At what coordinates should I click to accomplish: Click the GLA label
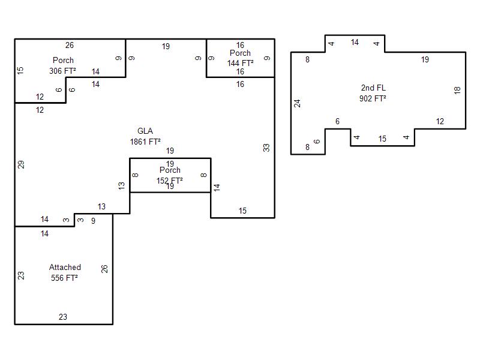(x=145, y=131)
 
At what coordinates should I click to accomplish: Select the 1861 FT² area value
(x=145, y=142)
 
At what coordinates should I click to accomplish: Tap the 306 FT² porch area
(x=63, y=70)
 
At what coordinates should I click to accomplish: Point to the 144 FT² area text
(x=240, y=62)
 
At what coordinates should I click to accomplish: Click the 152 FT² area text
(x=170, y=179)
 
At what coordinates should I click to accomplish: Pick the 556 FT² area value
(x=65, y=278)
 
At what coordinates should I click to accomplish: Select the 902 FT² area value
(x=373, y=98)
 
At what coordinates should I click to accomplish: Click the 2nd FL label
(x=373, y=88)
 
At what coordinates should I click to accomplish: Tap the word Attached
(x=65, y=268)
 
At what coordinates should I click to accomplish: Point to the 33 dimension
(x=266, y=148)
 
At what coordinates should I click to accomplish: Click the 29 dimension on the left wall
(x=21, y=164)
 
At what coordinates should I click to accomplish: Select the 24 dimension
(x=297, y=103)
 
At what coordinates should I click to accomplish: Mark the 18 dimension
(x=457, y=90)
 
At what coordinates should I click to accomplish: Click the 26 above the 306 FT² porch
(x=70, y=45)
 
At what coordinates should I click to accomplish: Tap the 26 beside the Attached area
(x=104, y=269)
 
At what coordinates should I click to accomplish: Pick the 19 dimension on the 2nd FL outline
(x=425, y=59)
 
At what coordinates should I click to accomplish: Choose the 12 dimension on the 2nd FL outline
(x=440, y=122)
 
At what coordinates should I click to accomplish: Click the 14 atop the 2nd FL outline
(x=355, y=43)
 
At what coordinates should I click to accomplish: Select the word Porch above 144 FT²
(x=240, y=53)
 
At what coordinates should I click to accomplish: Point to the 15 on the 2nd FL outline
(x=382, y=139)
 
